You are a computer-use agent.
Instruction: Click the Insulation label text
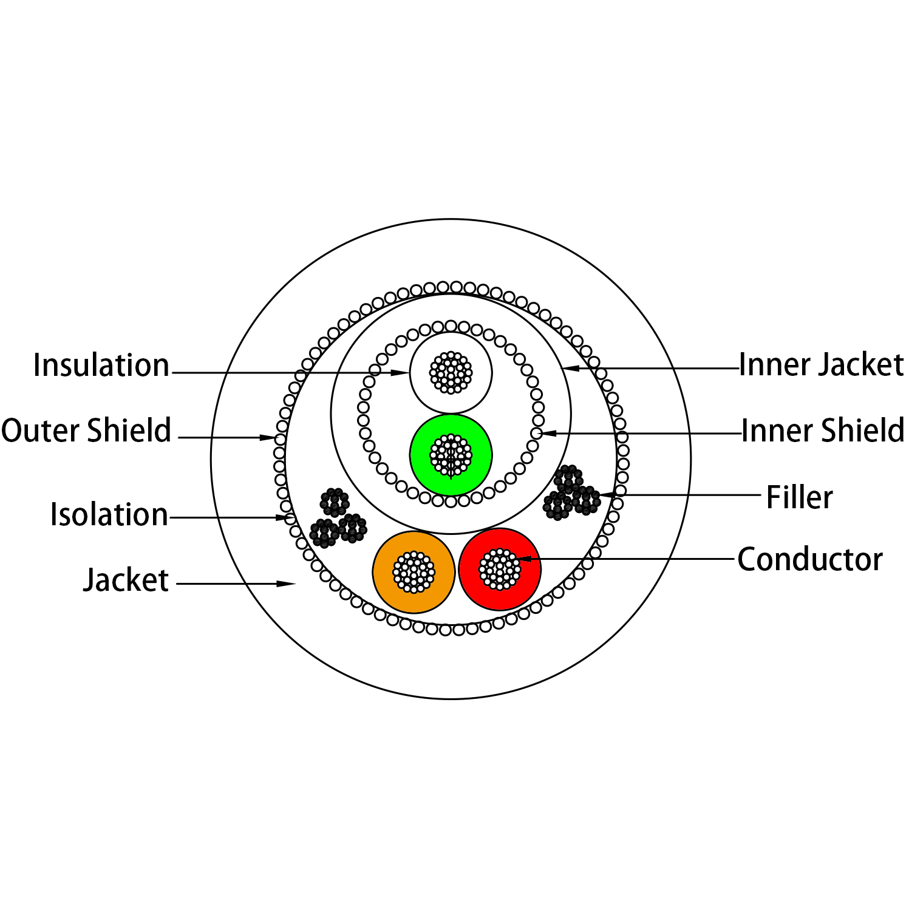pos(101,365)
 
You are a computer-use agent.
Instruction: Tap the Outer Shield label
pos(86,430)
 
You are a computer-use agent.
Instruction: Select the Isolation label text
pos(109,514)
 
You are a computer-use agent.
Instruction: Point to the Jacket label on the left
pos(126,580)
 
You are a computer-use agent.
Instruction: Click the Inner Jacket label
pos(821,365)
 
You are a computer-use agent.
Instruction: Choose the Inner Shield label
pos(823,430)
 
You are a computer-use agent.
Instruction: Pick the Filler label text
pos(799,497)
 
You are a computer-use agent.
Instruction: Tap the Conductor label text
pos(810,559)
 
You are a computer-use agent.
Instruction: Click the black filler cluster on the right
pos(571,492)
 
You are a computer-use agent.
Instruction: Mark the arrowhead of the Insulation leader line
pos(401,372)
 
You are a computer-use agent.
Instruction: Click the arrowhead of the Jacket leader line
pos(286,584)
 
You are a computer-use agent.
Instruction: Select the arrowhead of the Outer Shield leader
pos(268,437)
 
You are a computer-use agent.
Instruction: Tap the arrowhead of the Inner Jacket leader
pos(570,368)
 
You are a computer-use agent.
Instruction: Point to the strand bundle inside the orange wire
pos(414,572)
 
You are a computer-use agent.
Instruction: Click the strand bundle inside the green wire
pos(451,455)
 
